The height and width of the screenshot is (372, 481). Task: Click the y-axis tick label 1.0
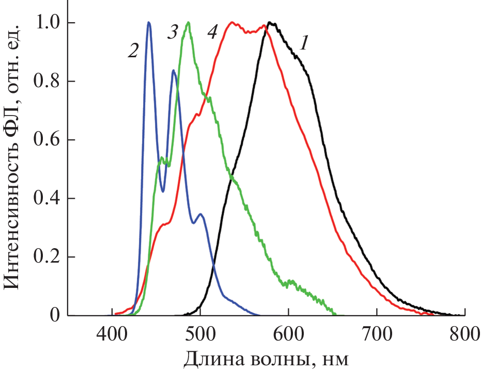point(45,23)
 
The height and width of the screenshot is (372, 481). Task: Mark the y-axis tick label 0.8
point(45,82)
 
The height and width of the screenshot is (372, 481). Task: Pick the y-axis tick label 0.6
point(45,140)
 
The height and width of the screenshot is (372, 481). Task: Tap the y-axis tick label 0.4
point(45,199)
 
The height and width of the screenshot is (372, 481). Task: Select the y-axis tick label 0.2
point(45,257)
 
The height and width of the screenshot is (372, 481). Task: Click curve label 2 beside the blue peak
point(133,50)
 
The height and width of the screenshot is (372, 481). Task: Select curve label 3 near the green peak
point(172,33)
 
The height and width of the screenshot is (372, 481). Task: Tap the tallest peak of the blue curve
point(149,23)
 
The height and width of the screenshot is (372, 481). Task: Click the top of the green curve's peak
point(188,23)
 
